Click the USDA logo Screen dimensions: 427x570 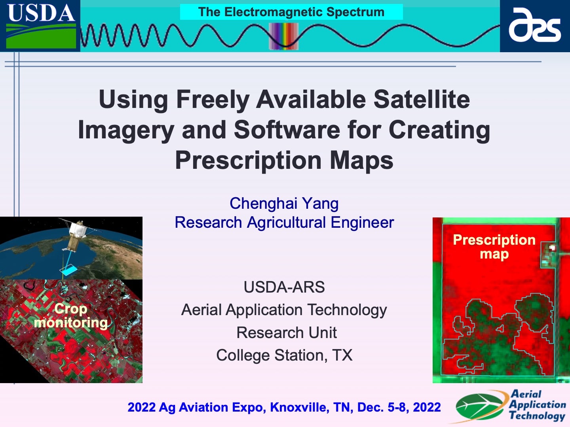(40, 25)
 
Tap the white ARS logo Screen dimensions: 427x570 (535, 25)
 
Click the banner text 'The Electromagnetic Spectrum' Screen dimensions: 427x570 (291, 12)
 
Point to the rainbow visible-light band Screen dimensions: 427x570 (283, 36)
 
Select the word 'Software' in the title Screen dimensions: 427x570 (287, 130)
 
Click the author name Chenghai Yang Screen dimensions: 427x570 (284, 203)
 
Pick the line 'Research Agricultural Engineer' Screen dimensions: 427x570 (284, 222)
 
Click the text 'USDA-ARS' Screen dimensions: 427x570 (284, 287)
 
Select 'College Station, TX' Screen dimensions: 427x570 (284, 355)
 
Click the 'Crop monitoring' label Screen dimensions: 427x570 (71, 316)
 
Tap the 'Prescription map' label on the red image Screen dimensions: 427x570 (494, 246)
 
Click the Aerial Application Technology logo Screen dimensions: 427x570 (511, 406)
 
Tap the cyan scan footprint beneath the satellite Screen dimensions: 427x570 (68, 270)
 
